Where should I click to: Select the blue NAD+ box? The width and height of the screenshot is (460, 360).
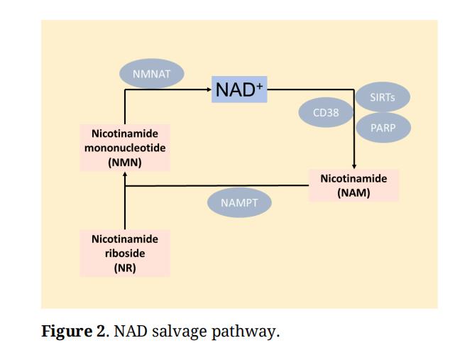pos(240,89)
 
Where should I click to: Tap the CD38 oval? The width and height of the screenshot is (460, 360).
pos(326,112)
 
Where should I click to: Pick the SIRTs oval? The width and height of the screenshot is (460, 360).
pos(382,97)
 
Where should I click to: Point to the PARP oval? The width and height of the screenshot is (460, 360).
pos(382,128)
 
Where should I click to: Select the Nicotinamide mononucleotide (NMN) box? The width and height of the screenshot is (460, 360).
pos(125,148)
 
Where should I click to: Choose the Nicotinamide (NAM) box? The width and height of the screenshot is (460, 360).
pos(354,185)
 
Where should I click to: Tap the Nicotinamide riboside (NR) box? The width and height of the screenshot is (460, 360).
pos(125,253)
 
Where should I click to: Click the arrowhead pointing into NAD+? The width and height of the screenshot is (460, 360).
pos(209,90)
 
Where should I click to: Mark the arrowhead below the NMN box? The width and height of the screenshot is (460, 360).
pos(125,175)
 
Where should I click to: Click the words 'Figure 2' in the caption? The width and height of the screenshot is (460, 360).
pos(74,332)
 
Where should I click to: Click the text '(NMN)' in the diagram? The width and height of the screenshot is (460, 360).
pos(125,163)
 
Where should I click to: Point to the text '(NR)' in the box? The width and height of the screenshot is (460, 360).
pos(125,268)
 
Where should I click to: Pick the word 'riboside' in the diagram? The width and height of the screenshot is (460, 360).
pos(125,253)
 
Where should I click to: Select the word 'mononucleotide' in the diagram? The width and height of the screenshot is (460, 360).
pos(125,148)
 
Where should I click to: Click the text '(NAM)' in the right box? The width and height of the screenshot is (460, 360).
pos(354,192)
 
